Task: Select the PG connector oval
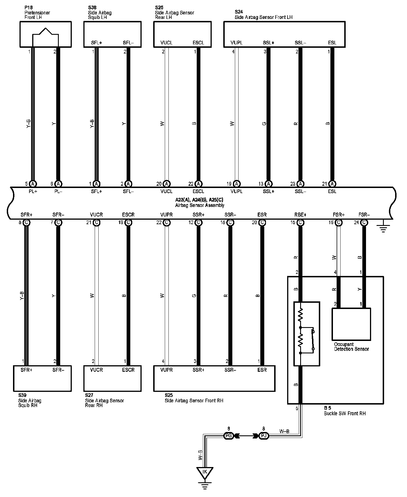pyautogui.click(x=228, y=436)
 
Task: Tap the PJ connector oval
pyautogui.click(x=264, y=436)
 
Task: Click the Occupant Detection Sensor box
pyautogui.click(x=351, y=324)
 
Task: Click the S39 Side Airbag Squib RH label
pyautogui.click(x=30, y=400)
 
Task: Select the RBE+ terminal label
pyautogui.click(x=300, y=215)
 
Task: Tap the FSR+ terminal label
pyautogui.click(x=339, y=215)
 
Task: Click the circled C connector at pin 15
pyautogui.click(x=300, y=222)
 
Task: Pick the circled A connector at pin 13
pyautogui.click(x=269, y=184)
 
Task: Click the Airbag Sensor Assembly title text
pyautogui.click(x=200, y=205)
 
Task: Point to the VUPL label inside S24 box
pyautogui.click(x=237, y=43)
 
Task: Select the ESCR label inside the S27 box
pyautogui.click(x=128, y=370)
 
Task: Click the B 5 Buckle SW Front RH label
pyautogui.click(x=345, y=411)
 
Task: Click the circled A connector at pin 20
pyautogui.click(x=166, y=184)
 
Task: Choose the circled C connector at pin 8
pyautogui.click(x=27, y=222)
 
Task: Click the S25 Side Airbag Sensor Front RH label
pyautogui.click(x=194, y=398)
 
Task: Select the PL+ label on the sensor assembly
pyautogui.click(x=33, y=191)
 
